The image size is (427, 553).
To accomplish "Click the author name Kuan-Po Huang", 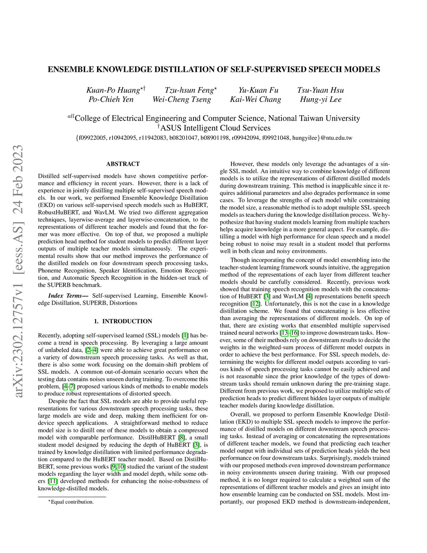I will [x=113, y=90].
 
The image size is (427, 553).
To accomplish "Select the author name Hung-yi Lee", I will [x=320, y=99].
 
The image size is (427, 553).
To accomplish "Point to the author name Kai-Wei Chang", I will [x=255, y=99].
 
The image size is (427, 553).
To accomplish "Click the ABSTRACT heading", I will [x=123, y=164].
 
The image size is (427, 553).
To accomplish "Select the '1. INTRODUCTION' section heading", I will [x=123, y=321].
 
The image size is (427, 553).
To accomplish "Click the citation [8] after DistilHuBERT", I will [x=181, y=437].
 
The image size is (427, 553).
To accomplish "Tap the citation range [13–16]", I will [x=289, y=333].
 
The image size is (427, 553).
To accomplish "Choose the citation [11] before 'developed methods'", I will [x=53, y=481].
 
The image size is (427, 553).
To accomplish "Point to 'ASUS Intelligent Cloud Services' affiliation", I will [x=215, y=128].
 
